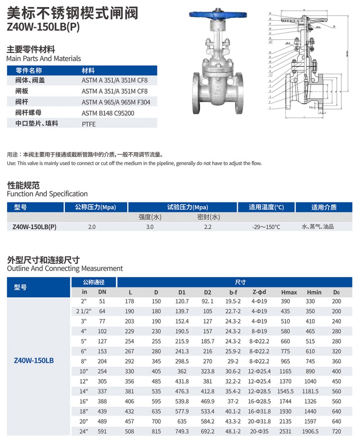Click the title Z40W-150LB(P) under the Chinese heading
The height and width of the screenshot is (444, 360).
(43, 27)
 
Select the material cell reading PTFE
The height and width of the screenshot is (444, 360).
(89, 124)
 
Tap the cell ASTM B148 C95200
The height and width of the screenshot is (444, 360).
(108, 113)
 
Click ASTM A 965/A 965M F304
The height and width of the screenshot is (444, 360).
(116, 102)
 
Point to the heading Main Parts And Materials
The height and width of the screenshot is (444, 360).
(44, 59)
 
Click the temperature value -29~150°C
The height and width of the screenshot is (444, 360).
(266, 227)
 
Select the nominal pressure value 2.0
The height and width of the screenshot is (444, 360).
(92, 227)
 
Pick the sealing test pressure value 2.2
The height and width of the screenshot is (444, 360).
(207, 227)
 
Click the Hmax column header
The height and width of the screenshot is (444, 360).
(288, 292)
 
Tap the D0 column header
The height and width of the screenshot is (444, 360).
(336, 292)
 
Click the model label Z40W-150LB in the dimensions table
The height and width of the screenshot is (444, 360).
(35, 361)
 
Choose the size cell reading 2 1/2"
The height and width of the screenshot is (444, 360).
(84, 312)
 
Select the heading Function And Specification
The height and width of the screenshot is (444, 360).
(47, 194)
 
